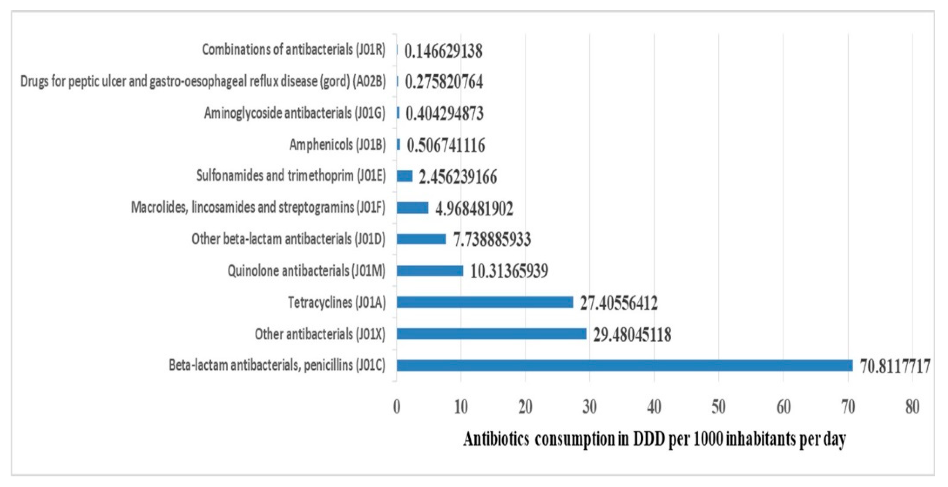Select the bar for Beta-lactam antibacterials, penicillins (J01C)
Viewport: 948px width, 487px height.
(624, 366)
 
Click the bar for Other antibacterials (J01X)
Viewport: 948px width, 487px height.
(491, 334)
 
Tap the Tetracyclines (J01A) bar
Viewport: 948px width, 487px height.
(484, 302)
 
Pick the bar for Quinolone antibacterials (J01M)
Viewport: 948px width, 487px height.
(429, 270)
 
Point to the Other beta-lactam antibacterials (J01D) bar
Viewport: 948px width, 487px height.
(421, 239)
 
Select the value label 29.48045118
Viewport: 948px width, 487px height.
(632, 335)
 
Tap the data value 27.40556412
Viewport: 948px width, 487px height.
(619, 303)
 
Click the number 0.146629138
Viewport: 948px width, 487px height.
(443, 51)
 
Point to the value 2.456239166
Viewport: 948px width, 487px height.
(457, 177)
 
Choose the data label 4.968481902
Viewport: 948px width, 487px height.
(474, 209)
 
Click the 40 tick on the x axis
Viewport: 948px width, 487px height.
(654, 407)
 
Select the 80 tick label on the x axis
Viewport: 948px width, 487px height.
(912, 407)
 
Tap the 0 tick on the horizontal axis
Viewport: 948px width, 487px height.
(396, 407)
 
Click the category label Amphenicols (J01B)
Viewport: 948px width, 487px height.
(337, 145)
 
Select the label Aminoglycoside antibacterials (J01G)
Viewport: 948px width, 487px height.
(294, 113)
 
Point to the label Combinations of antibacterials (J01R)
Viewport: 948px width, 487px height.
(294, 49)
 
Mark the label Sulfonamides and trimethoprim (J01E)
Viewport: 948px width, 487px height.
(291, 176)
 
